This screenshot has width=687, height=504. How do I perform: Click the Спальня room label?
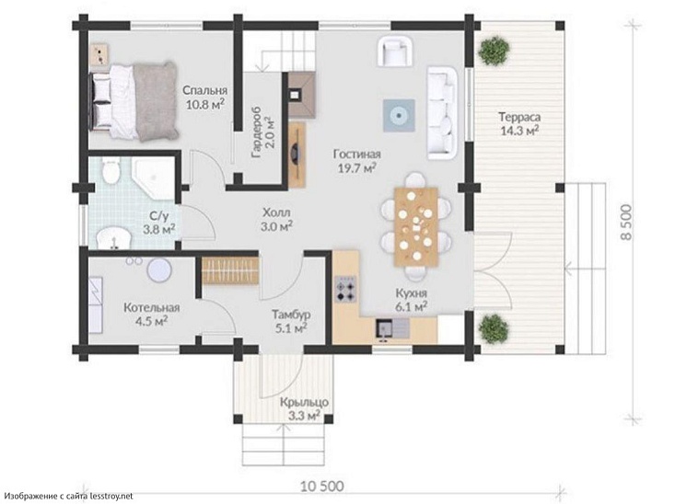coord(204,90)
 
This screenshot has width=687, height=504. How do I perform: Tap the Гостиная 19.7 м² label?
coord(357,161)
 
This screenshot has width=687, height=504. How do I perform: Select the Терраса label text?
coord(519,117)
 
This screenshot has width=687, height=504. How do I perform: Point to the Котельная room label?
coord(152,307)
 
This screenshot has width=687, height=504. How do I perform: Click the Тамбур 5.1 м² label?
coord(291,321)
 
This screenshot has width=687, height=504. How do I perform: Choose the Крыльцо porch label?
coord(304,402)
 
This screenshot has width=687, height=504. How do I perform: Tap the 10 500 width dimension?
coord(322,486)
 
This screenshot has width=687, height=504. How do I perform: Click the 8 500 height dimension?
coord(626,223)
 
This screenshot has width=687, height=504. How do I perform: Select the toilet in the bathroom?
coord(110,171)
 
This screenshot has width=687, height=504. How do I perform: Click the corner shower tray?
coord(154,178)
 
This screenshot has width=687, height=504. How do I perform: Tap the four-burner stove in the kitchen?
coord(345,289)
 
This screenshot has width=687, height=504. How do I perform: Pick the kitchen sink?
coord(392,329)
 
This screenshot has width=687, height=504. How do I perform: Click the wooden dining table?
coord(416,226)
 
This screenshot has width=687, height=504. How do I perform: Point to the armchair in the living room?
coord(395,51)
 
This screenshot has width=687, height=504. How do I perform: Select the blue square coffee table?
coord(399,116)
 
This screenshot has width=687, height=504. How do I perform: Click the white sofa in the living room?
coord(442,112)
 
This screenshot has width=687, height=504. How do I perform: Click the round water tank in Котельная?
coord(158,270)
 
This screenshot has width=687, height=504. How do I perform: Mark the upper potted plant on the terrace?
coord(494,51)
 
